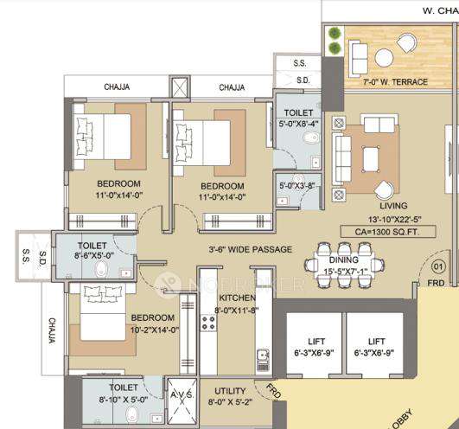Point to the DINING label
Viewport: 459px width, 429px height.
[x=344, y=260]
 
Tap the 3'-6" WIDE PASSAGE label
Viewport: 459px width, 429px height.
[x=250, y=250]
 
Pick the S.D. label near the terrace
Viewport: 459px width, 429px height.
[x=302, y=80]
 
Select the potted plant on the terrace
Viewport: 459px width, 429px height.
[x=334, y=36]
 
